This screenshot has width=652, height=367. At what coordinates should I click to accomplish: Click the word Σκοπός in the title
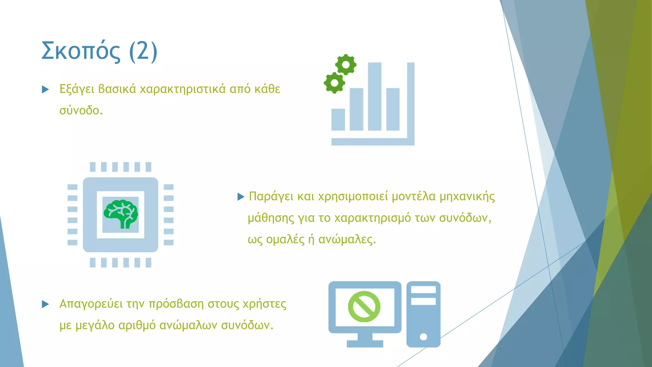pos(81,51)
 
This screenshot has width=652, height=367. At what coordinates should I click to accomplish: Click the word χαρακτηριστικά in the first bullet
pos(183,89)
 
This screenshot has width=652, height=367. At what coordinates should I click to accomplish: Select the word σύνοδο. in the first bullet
pos(81,111)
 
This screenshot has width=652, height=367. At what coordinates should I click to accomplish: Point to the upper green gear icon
pos(346,65)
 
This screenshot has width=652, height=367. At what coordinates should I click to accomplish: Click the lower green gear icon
pos(334,83)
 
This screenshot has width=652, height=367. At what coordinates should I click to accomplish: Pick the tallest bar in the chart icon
pos(374,96)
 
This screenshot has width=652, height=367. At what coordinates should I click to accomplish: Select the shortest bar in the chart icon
pos(338,119)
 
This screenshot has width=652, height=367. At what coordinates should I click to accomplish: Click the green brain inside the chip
pos(121,214)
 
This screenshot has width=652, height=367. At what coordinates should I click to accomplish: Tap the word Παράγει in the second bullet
pos(271,197)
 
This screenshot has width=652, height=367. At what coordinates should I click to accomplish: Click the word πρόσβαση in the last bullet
pos(176,304)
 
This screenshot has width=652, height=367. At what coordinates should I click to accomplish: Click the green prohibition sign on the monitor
pos(364,306)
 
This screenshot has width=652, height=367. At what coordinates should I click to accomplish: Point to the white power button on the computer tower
pos(423,337)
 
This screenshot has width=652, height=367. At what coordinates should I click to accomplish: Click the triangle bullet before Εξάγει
pos(46,90)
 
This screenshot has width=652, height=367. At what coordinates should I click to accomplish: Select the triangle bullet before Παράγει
pos(241,197)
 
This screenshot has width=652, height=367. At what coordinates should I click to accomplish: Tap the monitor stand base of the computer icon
pos(365,343)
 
